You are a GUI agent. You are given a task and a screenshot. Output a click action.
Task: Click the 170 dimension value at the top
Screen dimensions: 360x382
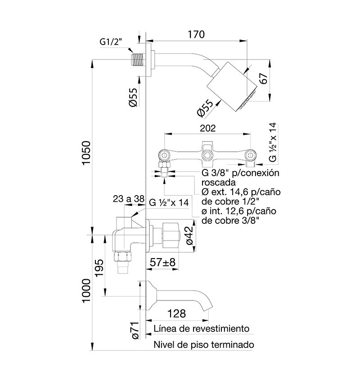(x=196, y=34)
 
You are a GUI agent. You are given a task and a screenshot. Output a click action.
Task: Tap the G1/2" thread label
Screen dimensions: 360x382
(x=111, y=42)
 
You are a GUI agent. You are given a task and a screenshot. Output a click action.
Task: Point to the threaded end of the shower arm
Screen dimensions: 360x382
(x=138, y=59)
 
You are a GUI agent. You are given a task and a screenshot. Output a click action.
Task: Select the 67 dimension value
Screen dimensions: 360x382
(x=264, y=78)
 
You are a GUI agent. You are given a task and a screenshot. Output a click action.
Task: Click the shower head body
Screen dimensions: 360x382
(x=232, y=86)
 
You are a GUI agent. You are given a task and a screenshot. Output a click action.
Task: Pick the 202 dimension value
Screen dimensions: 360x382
(x=207, y=128)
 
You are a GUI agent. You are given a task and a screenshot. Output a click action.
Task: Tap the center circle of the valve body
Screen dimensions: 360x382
(x=207, y=155)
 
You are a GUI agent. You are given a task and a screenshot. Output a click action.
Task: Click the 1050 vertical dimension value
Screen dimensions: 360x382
(x=86, y=153)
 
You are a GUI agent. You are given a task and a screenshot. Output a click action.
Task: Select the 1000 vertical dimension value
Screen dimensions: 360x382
(x=86, y=291)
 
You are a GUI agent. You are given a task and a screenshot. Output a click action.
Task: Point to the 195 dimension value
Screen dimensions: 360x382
(x=99, y=268)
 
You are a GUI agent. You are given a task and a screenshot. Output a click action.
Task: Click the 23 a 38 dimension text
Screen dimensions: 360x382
(x=129, y=199)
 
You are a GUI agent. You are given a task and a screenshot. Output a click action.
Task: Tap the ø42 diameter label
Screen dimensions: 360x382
(x=189, y=235)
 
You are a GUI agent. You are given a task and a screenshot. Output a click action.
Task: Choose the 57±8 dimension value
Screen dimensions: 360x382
(x=162, y=262)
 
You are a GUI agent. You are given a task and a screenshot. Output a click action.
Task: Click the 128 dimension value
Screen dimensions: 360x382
(x=177, y=313)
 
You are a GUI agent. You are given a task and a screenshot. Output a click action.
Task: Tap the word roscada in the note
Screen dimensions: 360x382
(x=218, y=182)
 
